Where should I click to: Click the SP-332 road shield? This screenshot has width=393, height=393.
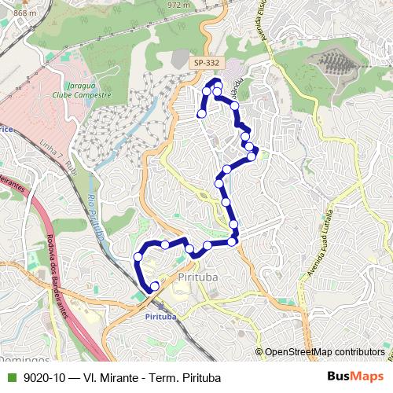208,61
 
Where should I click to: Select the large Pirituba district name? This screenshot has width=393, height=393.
196,277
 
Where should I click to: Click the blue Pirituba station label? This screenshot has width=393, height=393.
160,316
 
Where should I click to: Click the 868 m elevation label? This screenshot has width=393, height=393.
25,13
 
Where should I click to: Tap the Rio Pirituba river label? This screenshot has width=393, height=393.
94,217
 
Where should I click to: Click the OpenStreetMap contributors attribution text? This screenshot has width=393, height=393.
324,351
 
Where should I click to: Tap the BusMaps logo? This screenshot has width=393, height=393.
354,376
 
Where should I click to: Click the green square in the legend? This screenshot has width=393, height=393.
9,377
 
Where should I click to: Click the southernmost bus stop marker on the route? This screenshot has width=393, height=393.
155,285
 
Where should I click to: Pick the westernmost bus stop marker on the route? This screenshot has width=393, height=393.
138,256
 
